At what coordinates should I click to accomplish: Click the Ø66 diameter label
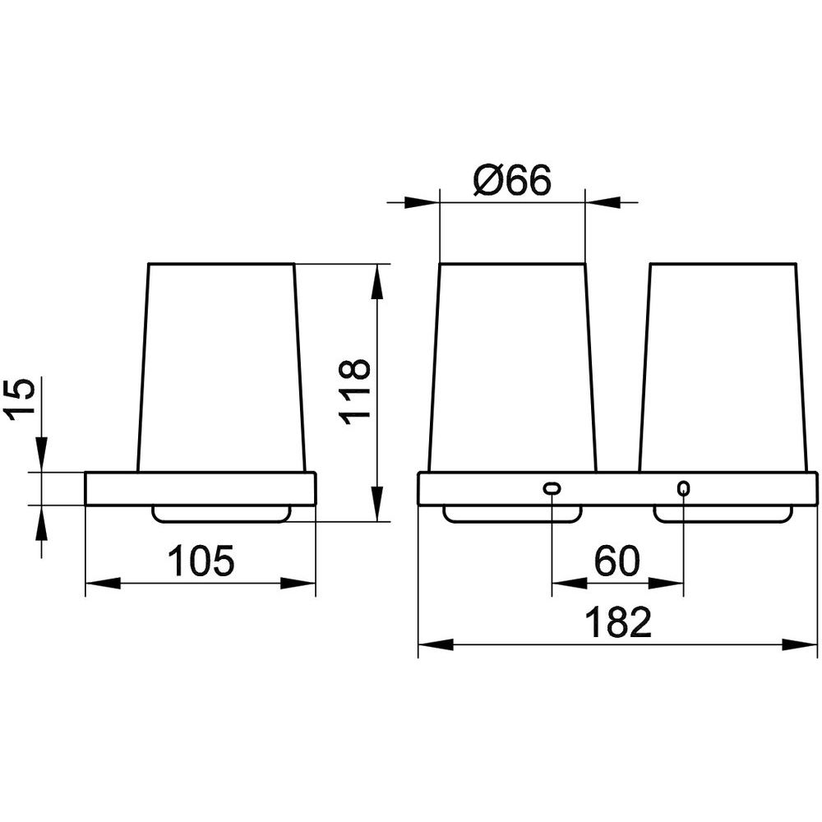pos(512,180)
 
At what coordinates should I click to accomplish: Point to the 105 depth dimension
pos(201,561)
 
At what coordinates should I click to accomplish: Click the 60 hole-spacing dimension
pos(617,561)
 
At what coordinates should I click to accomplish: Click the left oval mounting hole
pos(552,488)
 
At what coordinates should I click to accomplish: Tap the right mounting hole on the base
pos(684,489)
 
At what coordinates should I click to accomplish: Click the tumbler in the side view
pos(221,367)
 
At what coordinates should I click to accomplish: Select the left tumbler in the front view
pos(512,367)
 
